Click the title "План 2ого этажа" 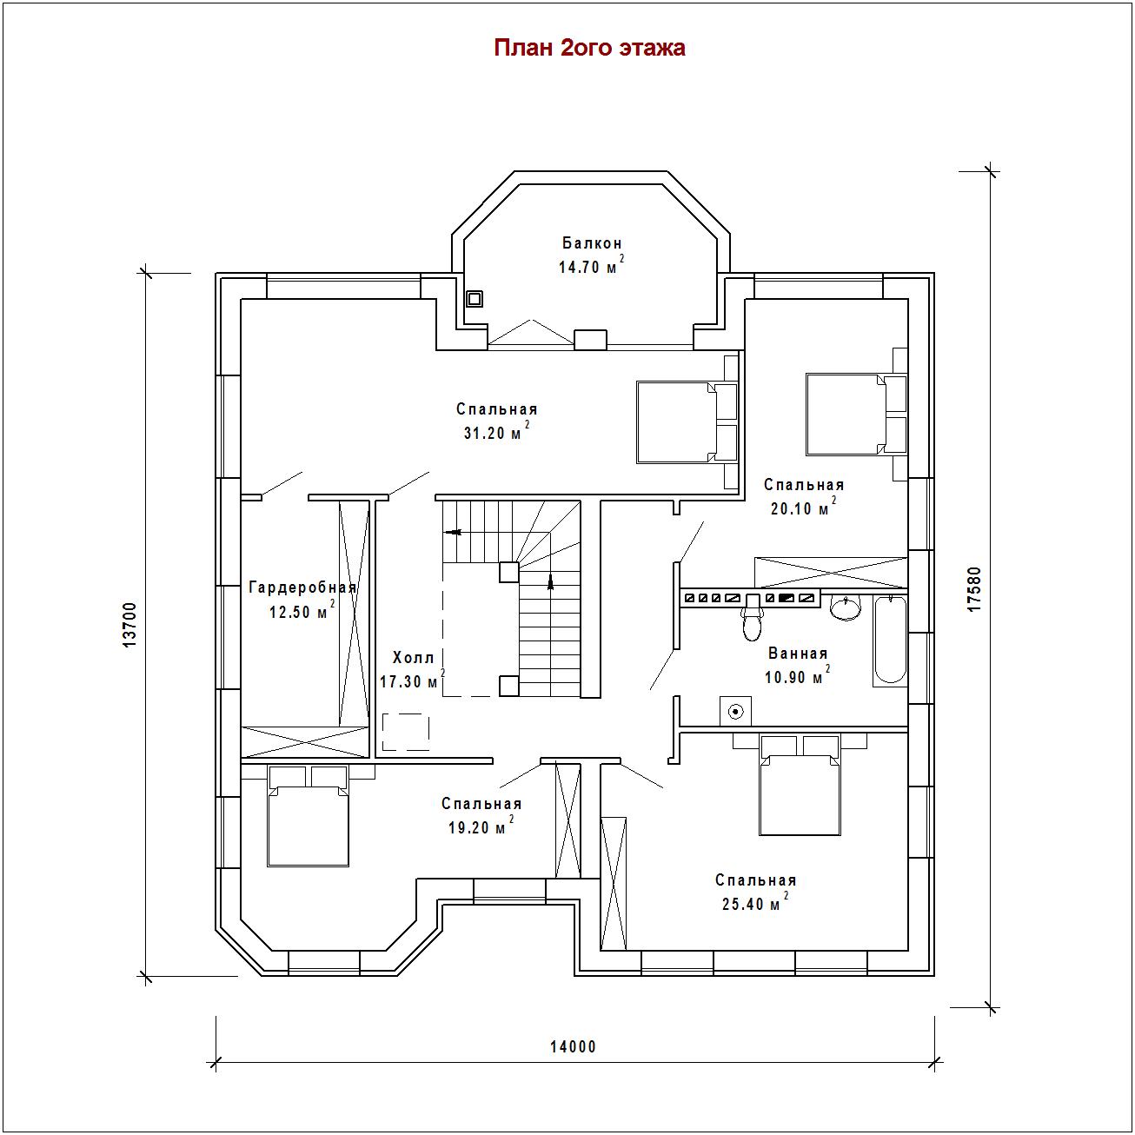coord(589,48)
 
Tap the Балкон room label coord(592,242)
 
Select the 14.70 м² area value coord(591,265)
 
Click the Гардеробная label coord(302,587)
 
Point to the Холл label coord(414,657)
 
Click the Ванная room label coord(798,654)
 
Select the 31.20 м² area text coord(496,431)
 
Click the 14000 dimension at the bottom coord(573,1046)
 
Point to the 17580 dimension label coord(975,588)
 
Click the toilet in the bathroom coord(752,617)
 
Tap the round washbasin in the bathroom coord(846,607)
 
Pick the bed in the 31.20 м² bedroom coord(687,421)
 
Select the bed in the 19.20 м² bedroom coord(308,816)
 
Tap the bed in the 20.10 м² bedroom coord(856,414)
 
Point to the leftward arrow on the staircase coord(453,532)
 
